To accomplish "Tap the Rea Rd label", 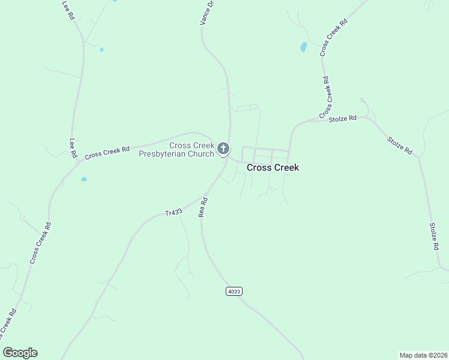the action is point(204,207).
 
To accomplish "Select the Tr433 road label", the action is point(173,213).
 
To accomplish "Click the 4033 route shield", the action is point(234,291).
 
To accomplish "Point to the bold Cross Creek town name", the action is point(273,168).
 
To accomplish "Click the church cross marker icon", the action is point(223,148).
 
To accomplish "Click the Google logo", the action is point(20,353).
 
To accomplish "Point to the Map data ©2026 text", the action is point(423,355).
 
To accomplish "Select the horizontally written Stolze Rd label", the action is point(343,119).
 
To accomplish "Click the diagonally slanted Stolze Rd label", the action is point(400,146).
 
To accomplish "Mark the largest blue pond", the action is point(304,47).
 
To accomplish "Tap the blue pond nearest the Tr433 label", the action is point(84,179).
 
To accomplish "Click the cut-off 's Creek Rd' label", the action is point(7,325).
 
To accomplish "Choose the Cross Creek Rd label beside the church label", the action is point(107,153).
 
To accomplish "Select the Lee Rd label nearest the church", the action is point(73,148).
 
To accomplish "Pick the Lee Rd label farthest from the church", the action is point(67,11).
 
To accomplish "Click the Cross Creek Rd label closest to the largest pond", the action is point(334,38).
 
